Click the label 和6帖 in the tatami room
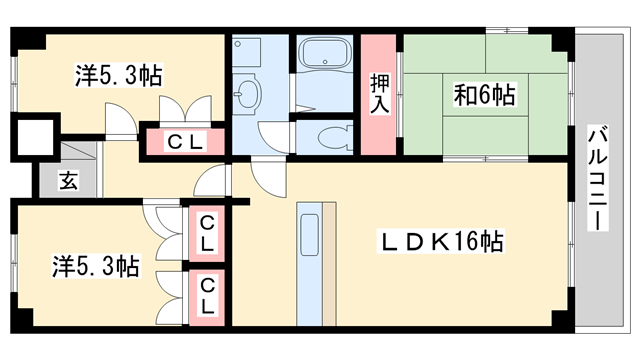pos(484,97)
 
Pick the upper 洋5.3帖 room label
pos(119,74)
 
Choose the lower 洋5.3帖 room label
pos(95,266)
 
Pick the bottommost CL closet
pos(207,295)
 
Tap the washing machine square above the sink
pos(246,52)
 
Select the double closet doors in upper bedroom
pos(185,108)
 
